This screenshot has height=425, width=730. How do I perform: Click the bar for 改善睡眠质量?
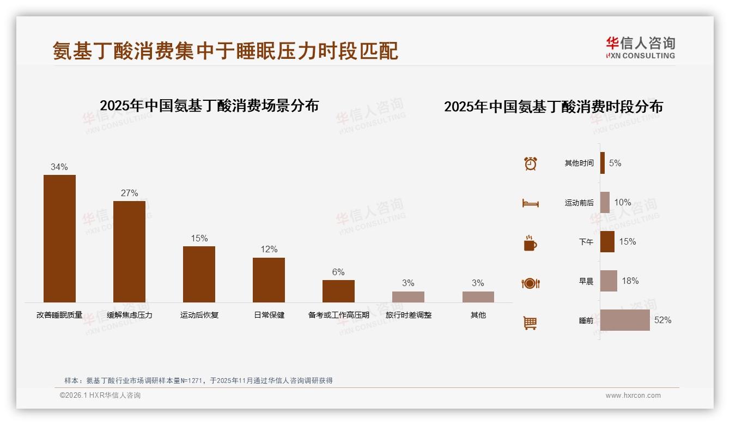(x=59, y=239)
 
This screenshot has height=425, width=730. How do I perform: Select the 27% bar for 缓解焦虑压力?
(x=129, y=252)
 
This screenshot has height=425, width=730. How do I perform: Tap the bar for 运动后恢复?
(x=199, y=274)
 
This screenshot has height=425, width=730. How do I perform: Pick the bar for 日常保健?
(x=269, y=280)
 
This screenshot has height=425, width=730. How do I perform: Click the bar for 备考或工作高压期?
(x=338, y=291)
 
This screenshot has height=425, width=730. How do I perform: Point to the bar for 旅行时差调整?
(x=408, y=297)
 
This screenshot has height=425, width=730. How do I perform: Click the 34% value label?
(x=59, y=167)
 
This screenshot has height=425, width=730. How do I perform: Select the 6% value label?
(x=338, y=272)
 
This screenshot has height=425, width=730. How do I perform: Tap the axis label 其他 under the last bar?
(x=478, y=315)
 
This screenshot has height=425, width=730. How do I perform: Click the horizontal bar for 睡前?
(x=625, y=320)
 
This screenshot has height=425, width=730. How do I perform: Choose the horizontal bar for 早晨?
(x=609, y=281)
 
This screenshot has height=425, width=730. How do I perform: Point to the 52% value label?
(x=662, y=320)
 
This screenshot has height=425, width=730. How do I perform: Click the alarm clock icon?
(x=531, y=163)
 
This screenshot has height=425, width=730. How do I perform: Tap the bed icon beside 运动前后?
(x=531, y=203)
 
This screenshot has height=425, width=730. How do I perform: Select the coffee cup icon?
(x=530, y=243)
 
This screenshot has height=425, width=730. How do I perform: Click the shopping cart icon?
(x=530, y=323)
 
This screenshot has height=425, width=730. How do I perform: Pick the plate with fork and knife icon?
(x=531, y=283)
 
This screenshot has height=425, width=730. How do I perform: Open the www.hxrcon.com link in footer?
(x=633, y=396)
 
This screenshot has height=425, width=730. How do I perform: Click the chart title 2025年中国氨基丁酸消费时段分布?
(x=553, y=107)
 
